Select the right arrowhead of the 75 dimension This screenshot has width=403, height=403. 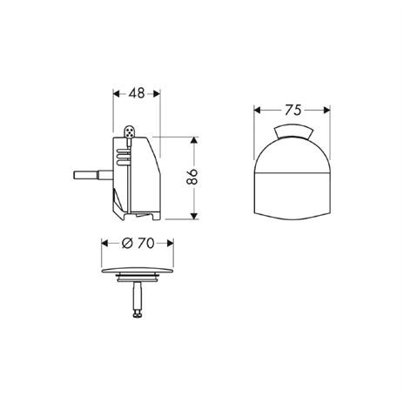pyautogui.click(x=332, y=111)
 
